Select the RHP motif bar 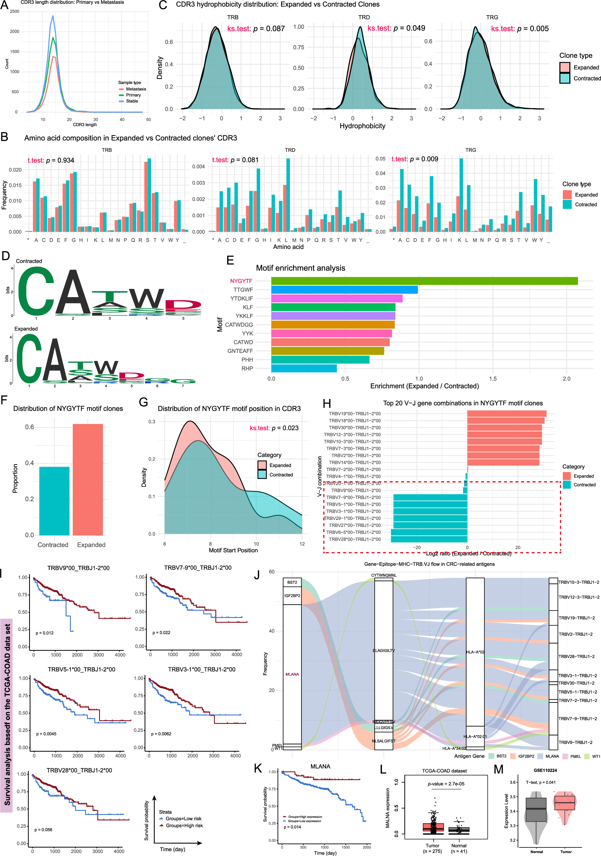[304, 368]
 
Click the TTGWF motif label [243, 290]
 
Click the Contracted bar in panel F [54, 501]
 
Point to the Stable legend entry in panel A [131, 101]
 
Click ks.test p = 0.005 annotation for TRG [519, 29]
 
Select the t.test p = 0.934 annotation [51, 160]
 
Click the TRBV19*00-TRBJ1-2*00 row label [354, 414]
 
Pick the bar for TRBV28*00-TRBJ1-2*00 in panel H [429, 539]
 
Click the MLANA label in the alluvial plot [292, 674]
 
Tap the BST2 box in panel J [292, 582]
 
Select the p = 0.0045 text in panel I [46, 734]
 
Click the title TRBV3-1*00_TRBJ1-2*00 [202, 669]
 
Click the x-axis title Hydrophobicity [362, 126]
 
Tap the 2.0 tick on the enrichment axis [566, 378]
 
